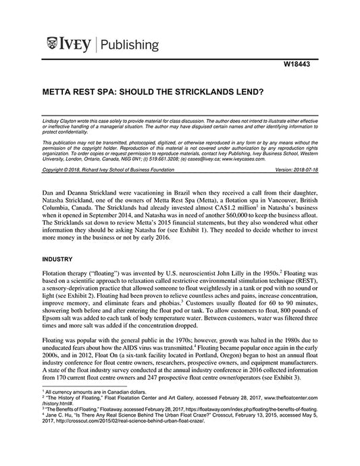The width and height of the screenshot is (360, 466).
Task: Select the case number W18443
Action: click(301, 64)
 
